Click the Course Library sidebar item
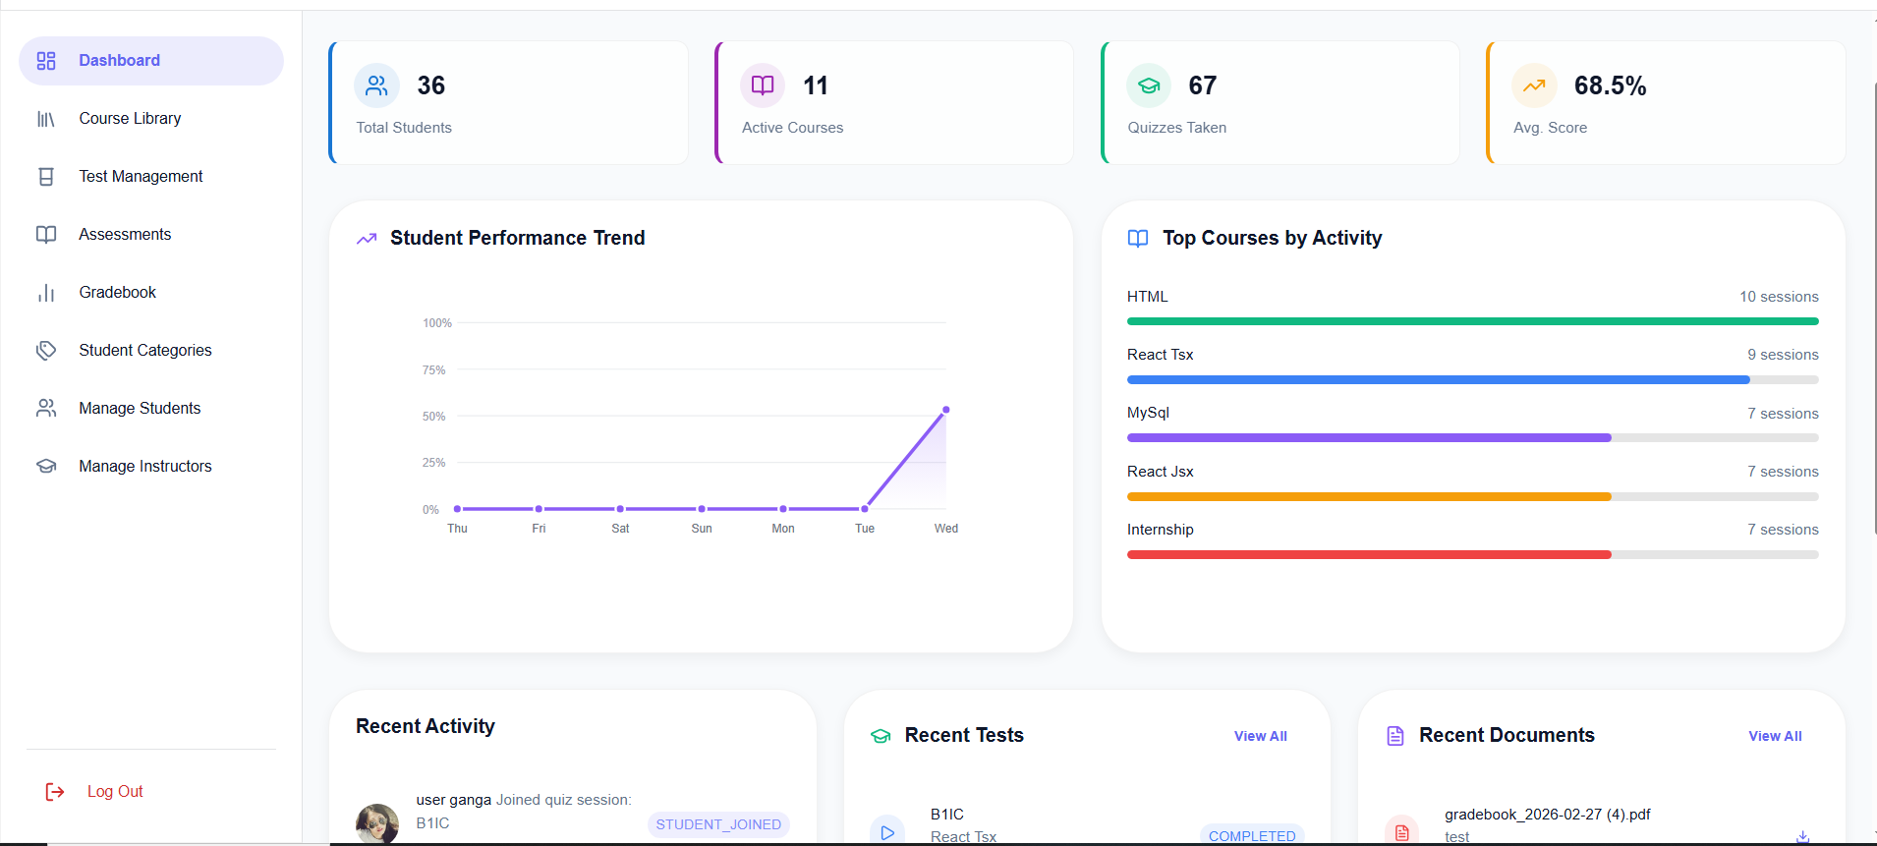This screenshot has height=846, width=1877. (x=130, y=119)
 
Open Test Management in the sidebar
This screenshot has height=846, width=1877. (x=141, y=177)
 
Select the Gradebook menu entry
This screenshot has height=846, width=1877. (x=117, y=293)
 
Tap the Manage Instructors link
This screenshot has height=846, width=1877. (x=144, y=467)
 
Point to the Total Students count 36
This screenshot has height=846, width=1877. (x=430, y=86)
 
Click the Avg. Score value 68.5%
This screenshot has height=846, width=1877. (x=1610, y=86)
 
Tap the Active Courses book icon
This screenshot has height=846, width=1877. (x=763, y=86)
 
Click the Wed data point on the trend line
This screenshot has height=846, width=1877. (x=946, y=410)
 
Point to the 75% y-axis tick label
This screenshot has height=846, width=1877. (x=433, y=370)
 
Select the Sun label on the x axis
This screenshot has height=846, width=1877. (x=702, y=529)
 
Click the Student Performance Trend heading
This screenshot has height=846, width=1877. (x=517, y=239)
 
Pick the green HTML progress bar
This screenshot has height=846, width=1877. (x=1472, y=321)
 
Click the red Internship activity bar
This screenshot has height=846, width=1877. (x=1369, y=555)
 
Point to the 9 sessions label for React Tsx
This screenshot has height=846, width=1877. (x=1783, y=355)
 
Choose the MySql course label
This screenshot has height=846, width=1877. (x=1148, y=413)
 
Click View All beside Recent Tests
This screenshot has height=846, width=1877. (x=1260, y=737)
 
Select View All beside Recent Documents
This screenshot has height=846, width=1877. (x=1775, y=737)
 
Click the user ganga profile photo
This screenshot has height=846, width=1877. (x=377, y=823)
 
